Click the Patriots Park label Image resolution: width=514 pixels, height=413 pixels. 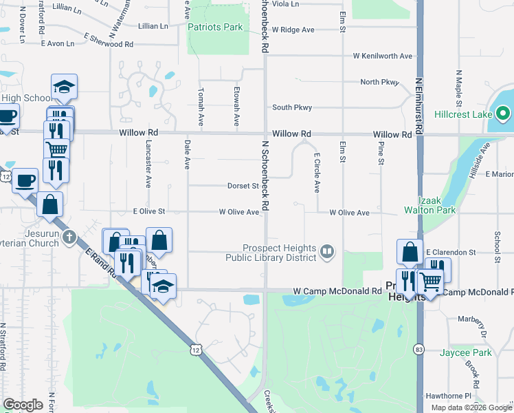point(215,27)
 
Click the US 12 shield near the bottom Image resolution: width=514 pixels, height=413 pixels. point(197,350)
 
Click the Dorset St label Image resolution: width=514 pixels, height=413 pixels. point(243,185)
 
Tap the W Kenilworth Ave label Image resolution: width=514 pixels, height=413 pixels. point(383,56)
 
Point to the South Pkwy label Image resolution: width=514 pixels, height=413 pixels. point(292,107)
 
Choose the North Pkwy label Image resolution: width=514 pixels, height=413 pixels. point(379,82)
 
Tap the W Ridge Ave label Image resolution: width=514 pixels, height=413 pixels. point(293,30)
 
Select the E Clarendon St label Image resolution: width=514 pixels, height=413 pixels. point(451,253)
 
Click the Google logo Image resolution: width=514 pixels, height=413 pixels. point(23,405)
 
